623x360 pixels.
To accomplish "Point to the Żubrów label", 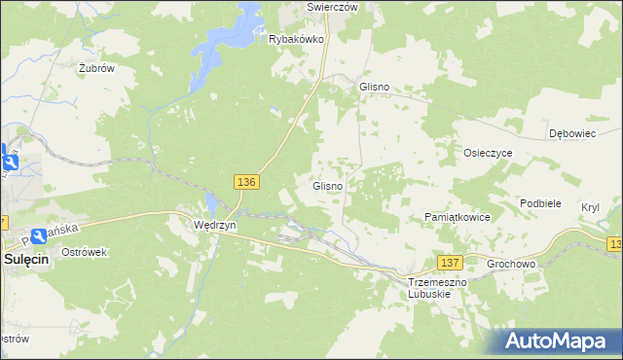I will (x=97, y=69).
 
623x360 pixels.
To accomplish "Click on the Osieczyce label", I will (x=488, y=153).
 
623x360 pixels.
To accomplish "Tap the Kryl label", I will (x=590, y=208).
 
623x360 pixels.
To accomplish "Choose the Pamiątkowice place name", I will (x=458, y=217).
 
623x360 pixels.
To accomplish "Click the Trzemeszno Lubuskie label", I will (x=437, y=287).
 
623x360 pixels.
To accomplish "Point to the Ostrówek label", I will (x=84, y=251).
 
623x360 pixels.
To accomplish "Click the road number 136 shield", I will (x=247, y=182).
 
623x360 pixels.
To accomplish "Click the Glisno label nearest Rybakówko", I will (x=375, y=87).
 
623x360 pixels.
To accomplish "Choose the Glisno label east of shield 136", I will (x=326, y=186).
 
